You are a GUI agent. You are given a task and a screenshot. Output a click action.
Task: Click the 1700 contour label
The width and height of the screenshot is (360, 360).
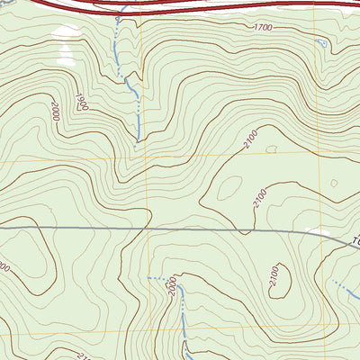(x=263, y=28)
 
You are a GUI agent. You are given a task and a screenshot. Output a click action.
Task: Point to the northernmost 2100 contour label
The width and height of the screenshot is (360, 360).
(x=249, y=137)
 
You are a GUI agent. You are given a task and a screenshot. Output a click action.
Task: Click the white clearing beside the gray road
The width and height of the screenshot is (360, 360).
(x=317, y=231)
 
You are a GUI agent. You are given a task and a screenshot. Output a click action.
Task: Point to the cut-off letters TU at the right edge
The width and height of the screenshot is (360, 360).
(x=354, y=241)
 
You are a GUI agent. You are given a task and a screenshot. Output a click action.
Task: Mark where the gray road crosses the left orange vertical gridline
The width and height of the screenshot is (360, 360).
(x=148, y=229)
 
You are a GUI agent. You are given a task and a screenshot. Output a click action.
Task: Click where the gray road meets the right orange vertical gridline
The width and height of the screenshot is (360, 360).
(x=318, y=234)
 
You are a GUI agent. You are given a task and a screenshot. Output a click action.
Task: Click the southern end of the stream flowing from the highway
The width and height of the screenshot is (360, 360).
(x=136, y=144)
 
